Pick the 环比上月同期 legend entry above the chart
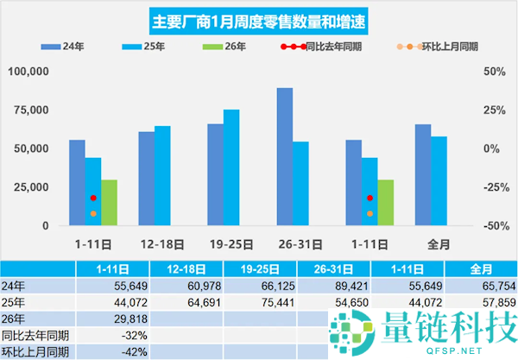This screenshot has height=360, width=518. (433, 47)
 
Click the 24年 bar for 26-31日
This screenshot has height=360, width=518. (285, 156)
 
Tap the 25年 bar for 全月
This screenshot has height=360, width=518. (439, 181)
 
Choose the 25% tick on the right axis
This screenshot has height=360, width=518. (491, 110)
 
